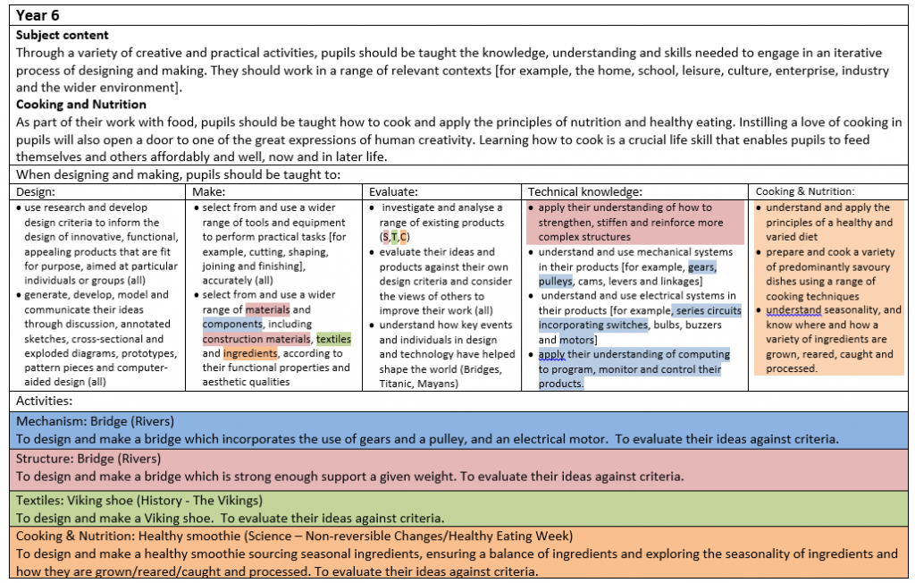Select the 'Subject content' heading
pos(63,35)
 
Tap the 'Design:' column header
pos(36,191)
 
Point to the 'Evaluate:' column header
pos(394,191)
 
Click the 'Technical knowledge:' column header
pos(585,191)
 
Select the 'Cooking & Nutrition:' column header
pos(804,191)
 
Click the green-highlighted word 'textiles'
pos(333,339)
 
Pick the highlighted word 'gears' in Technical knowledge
pos(701,266)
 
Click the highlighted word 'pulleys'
pos(555,281)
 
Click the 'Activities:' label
pos(45,401)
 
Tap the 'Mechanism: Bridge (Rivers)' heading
pos(95,421)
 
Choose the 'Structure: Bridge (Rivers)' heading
pos(88,459)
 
